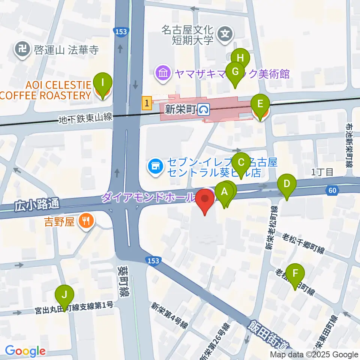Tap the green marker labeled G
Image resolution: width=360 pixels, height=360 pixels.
click(x=235, y=71)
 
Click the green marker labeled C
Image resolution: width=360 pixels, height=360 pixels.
click(x=241, y=162)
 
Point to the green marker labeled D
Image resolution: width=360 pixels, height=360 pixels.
click(x=287, y=184)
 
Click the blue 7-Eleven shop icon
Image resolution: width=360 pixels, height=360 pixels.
click(x=155, y=166)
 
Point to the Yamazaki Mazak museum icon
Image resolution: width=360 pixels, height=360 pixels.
click(x=163, y=72)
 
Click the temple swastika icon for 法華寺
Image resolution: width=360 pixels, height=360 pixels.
click(x=22, y=49)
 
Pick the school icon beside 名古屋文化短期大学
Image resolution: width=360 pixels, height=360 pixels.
click(x=225, y=34)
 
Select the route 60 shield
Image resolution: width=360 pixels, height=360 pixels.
click(x=332, y=190)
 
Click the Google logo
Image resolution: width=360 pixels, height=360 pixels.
click(x=25, y=351)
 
